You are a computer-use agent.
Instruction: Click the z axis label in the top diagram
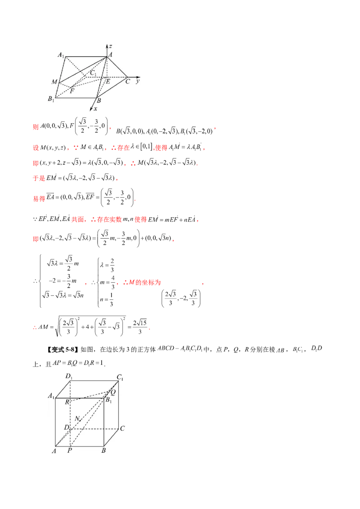[x=110, y=47]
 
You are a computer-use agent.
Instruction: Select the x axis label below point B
[x=95, y=109]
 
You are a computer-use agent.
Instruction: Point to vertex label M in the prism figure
[x=54, y=82]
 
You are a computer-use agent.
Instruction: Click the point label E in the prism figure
[x=108, y=81]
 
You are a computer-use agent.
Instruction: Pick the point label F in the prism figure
[x=72, y=91]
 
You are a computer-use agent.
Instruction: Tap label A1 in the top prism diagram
[x=61, y=55]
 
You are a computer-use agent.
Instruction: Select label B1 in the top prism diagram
[x=51, y=99]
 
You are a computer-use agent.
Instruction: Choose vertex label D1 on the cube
[x=69, y=376]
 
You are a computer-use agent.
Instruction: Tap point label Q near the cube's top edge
[x=112, y=392]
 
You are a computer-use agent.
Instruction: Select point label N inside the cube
[x=77, y=419]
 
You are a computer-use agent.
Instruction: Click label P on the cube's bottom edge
[x=69, y=450]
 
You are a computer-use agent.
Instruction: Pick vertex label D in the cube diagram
[x=67, y=427]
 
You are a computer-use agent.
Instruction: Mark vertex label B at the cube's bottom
[x=103, y=450]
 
